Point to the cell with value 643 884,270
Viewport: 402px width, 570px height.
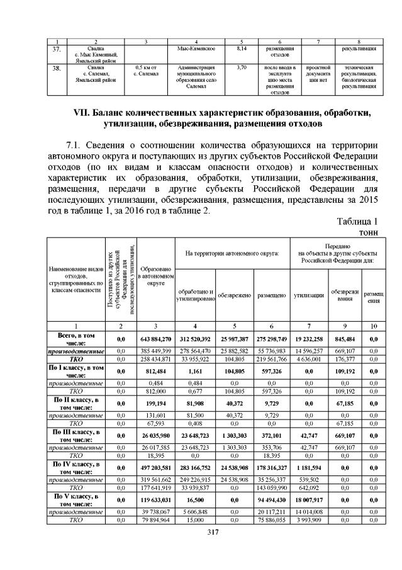click(x=155, y=339)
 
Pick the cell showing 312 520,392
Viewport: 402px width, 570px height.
click(x=195, y=339)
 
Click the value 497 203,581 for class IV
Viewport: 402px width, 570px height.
click(x=155, y=466)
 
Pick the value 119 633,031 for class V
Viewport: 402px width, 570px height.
click(x=155, y=498)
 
